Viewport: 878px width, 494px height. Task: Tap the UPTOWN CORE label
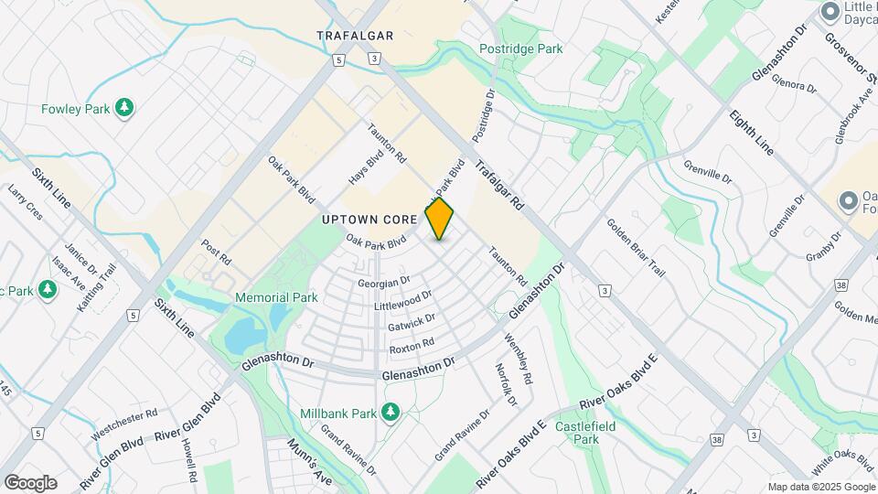[369, 220]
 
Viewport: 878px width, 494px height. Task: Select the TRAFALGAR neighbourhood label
[355, 36]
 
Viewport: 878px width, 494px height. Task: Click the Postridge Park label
[520, 48]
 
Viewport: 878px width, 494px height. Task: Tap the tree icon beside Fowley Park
[124, 109]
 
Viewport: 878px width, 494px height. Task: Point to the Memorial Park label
[276, 297]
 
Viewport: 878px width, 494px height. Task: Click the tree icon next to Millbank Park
[391, 413]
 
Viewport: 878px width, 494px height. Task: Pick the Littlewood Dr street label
[403, 301]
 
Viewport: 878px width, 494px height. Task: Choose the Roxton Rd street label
[411, 346]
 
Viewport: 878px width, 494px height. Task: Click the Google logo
[30, 483]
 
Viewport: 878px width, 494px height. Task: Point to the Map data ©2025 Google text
[821, 487]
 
